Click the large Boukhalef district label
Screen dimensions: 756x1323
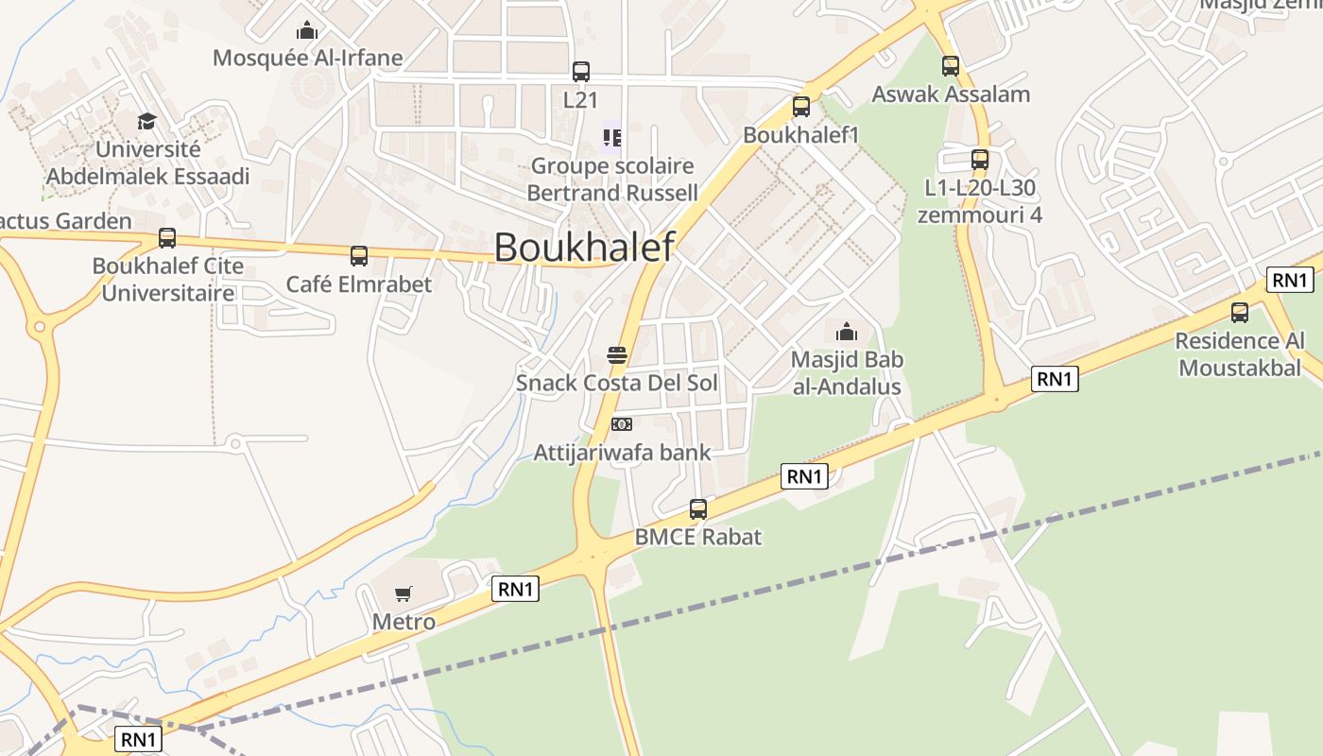pos(584,248)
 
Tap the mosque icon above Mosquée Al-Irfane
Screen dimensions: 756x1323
pos(307,30)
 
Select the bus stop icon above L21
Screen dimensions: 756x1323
pos(581,71)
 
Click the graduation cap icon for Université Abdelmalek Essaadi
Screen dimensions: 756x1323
pos(146,121)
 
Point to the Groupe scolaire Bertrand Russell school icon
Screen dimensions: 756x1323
pos(611,139)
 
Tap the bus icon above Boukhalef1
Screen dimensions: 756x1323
pos(801,107)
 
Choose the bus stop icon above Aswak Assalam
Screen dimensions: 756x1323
pos(951,66)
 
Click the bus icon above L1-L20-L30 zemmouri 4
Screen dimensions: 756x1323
pos(980,159)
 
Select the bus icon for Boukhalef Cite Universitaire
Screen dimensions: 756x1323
pos(167,238)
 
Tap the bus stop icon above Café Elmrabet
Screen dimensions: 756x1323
pos(359,255)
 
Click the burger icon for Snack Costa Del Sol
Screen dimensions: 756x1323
pos(617,355)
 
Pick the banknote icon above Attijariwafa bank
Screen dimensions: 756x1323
pos(621,424)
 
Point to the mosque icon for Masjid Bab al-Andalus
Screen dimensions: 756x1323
pos(847,332)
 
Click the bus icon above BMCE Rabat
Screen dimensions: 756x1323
pos(698,509)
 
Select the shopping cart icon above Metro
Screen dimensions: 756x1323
pos(404,593)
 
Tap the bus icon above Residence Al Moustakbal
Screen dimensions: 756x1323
pos(1240,312)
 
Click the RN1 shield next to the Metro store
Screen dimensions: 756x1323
pos(515,589)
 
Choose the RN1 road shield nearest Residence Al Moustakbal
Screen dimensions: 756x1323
pos(1290,280)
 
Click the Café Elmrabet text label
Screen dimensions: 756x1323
pos(359,284)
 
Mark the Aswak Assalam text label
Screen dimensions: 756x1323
pos(951,94)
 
